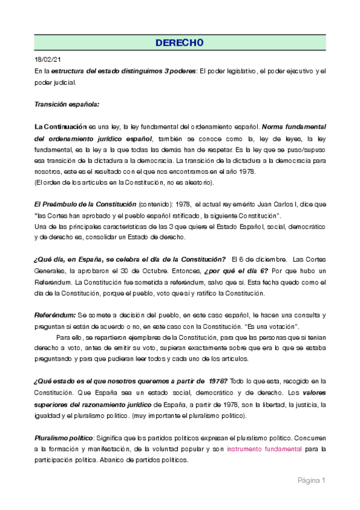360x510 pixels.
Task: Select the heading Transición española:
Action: tap(67, 103)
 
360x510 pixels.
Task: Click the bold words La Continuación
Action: tap(61, 127)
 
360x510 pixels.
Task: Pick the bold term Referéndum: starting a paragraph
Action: tap(55, 315)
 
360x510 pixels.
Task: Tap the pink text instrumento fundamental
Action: tap(264, 449)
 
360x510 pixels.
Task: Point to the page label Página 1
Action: tap(311, 481)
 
